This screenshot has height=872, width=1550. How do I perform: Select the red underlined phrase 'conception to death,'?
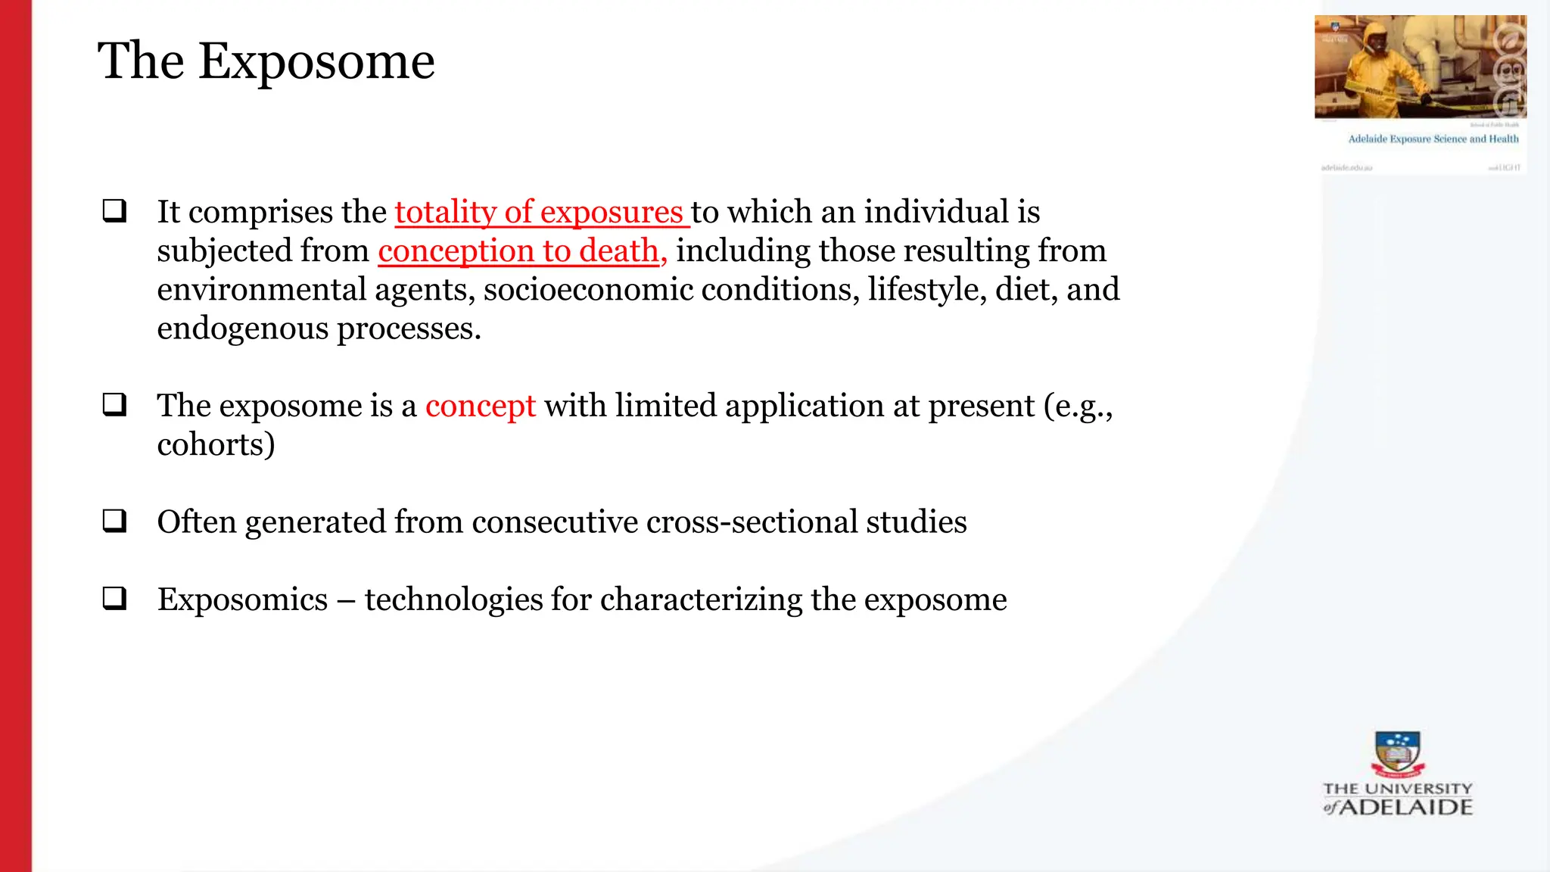tap(522, 251)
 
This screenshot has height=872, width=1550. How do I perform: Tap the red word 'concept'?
tap(480, 406)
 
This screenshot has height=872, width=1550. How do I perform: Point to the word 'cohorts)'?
tap(216, 444)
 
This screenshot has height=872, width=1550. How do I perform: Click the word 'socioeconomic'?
tap(588, 290)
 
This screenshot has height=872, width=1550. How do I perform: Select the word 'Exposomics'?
tap(242, 599)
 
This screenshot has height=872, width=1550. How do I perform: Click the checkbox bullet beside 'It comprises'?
tap(114, 210)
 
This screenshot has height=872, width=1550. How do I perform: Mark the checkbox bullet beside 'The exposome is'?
tap(114, 404)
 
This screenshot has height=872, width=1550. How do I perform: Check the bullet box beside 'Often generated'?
tap(114, 521)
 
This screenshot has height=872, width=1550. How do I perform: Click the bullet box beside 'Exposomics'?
tap(114, 599)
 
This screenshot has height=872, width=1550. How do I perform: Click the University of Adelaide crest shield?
tap(1397, 752)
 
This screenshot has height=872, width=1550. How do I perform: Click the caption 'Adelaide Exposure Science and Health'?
tap(1433, 139)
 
